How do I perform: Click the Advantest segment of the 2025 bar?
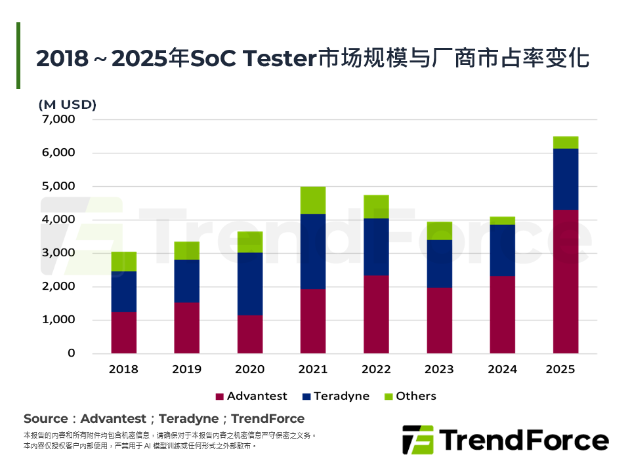[565, 281]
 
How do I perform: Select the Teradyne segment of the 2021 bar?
[313, 251]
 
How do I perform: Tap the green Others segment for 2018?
[124, 262]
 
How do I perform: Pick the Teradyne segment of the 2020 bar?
[250, 284]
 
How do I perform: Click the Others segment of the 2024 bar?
[502, 221]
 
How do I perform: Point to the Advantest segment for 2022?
[376, 314]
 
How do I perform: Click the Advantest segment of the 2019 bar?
[187, 328]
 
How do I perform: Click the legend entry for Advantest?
[251, 396]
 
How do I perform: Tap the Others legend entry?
[409, 396]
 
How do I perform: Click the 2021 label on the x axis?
[313, 369]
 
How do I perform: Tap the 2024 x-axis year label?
[502, 369]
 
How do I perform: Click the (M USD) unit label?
[68, 104]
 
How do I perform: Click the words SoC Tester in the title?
[253, 59]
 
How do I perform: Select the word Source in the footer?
[45, 418]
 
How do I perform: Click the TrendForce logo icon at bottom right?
[418, 439]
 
